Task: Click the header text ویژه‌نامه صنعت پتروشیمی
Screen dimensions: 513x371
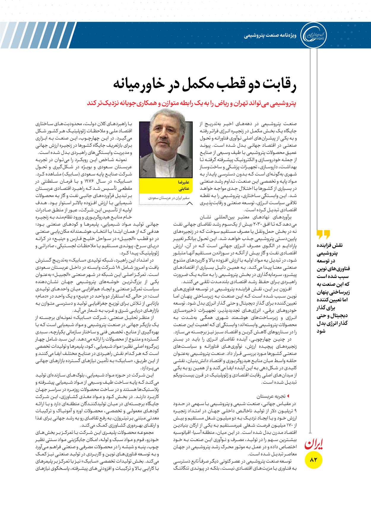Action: pos(270,36)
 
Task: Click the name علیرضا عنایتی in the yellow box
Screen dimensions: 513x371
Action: pos(184,185)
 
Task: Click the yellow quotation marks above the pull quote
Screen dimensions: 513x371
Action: pos(323,235)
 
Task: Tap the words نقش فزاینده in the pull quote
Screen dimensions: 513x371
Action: pos(330,246)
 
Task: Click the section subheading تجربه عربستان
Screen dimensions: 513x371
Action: pos(271,396)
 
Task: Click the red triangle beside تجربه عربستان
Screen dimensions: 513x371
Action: pos(288,396)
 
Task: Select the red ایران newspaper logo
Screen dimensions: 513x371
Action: pos(313,444)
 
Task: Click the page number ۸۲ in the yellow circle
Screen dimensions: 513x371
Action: pos(313,460)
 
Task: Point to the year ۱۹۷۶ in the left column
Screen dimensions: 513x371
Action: pos(89,182)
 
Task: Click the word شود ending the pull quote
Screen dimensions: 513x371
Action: pos(321,331)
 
